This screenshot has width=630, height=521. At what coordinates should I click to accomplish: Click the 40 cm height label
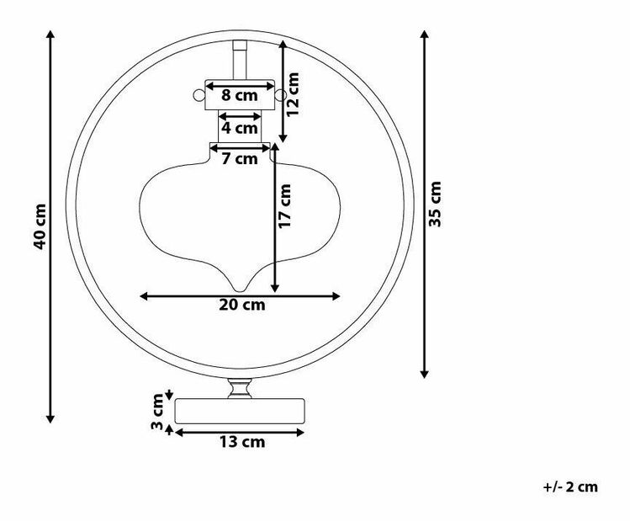tap(40, 226)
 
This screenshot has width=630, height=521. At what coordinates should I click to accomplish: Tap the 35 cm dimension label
tap(435, 204)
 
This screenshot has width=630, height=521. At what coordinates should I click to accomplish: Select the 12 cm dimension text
tap(293, 94)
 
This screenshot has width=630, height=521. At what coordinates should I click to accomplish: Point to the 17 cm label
tap(284, 206)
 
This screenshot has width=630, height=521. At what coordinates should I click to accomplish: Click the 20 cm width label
tap(242, 305)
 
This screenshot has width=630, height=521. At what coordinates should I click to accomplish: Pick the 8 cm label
tap(240, 95)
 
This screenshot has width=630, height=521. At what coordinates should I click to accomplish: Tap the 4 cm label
tap(240, 128)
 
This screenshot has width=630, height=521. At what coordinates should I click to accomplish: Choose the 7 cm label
tap(240, 159)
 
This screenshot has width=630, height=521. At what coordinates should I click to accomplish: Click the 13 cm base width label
tap(242, 442)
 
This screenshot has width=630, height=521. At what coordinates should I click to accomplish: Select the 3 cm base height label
tap(157, 412)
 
